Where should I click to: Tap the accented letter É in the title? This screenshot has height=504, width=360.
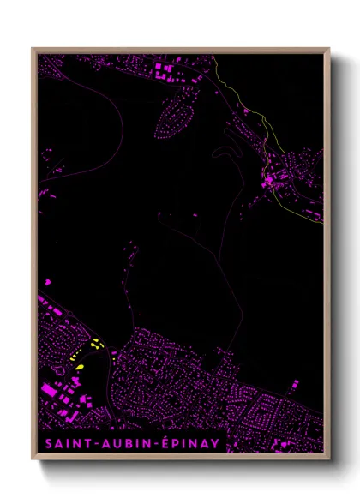(x=167, y=443)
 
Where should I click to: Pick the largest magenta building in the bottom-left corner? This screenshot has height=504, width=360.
(x=52, y=391)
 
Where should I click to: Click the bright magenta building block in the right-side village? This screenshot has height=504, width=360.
(x=268, y=180)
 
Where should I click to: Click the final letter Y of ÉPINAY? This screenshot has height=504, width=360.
(x=215, y=443)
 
